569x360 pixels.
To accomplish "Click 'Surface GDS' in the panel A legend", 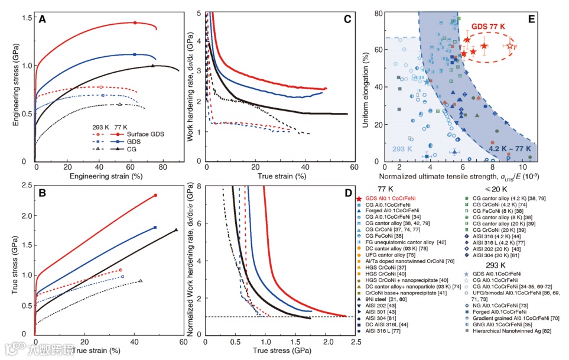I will [145, 134].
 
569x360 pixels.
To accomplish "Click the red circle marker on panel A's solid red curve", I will [135, 23].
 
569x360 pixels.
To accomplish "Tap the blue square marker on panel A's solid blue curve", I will [135, 54].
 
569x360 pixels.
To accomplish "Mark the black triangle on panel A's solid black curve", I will [152, 66].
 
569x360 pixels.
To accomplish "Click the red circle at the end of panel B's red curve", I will [155, 195].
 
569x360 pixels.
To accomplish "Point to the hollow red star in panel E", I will [511, 46].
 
